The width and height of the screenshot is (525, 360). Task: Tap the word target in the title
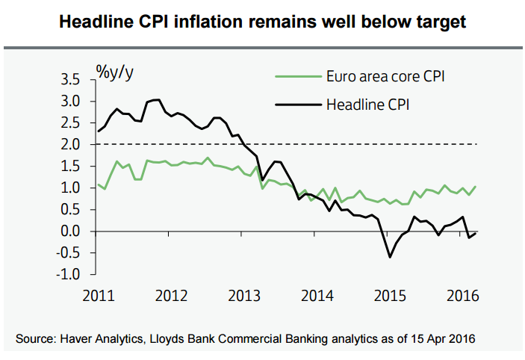[x=438, y=22]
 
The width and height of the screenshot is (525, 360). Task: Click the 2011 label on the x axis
[x=99, y=294]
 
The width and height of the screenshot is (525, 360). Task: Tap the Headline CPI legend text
[x=368, y=104]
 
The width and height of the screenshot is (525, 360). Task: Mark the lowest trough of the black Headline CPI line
[x=389, y=258]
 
